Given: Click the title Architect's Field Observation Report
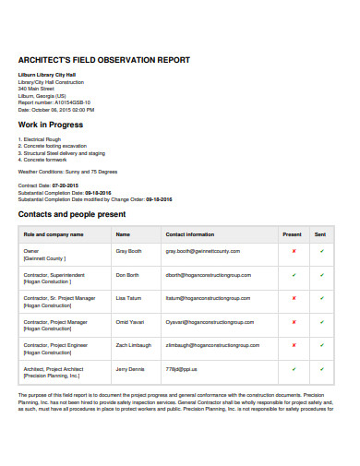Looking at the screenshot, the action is click(x=103, y=60).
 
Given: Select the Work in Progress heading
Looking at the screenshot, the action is click(x=51, y=125).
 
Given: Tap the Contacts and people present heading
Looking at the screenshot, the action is click(x=73, y=214).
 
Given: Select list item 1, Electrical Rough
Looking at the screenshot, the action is click(x=39, y=139).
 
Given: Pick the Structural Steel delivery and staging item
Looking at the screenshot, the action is click(x=58, y=152).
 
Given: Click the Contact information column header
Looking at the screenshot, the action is click(x=189, y=234).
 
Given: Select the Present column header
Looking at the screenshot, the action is click(x=293, y=234).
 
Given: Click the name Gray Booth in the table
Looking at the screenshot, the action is click(x=128, y=251).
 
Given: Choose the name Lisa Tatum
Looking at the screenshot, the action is click(x=126, y=298).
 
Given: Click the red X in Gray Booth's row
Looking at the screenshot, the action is click(x=294, y=251).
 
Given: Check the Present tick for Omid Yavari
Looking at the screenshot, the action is click(x=294, y=322).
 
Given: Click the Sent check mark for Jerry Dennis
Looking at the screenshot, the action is click(x=321, y=369).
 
